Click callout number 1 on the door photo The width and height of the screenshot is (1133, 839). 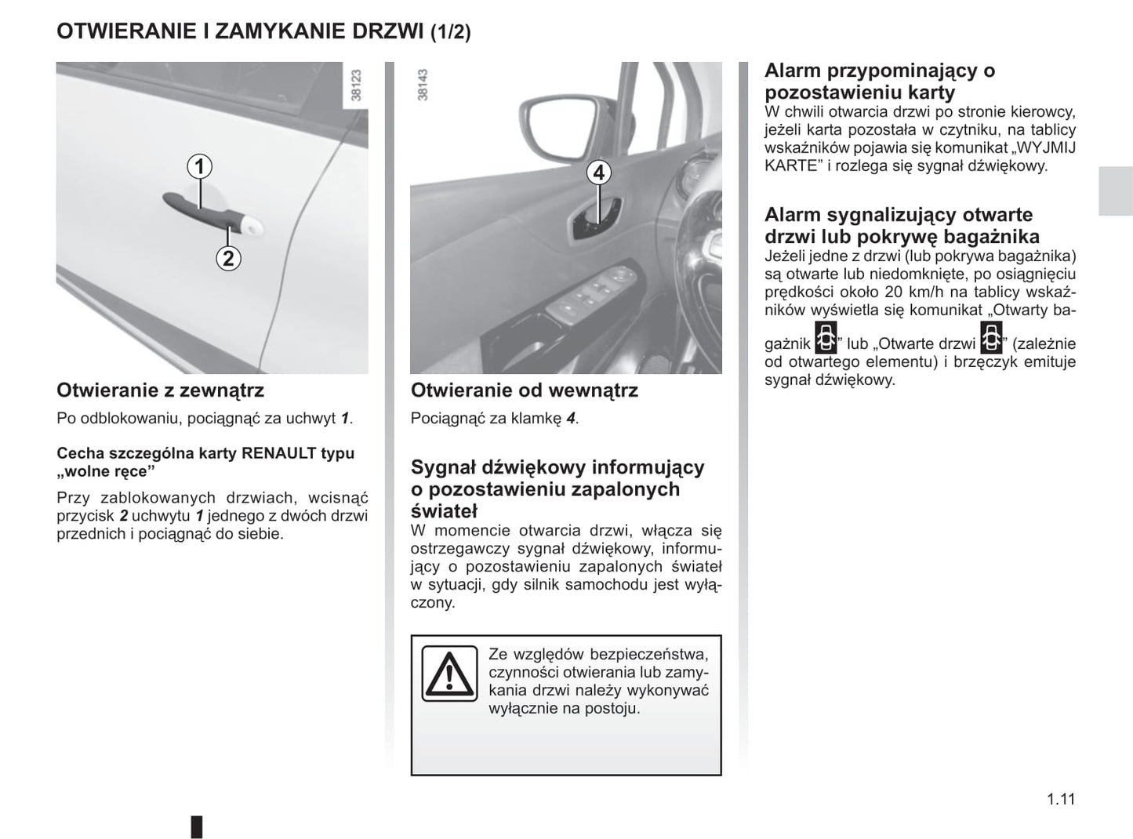point(200,166)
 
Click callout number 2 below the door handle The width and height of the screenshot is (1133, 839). point(227,258)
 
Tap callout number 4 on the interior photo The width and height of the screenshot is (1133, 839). point(598,173)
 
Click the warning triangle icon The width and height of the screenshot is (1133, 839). point(449,674)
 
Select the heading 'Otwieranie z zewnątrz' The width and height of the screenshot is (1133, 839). point(160,390)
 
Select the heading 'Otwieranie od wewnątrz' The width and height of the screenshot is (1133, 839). point(524,390)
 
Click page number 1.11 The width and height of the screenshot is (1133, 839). point(1060,799)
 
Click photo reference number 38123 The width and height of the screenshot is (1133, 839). point(356,85)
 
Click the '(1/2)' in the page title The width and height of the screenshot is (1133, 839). point(451,32)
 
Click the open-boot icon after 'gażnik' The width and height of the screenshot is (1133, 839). point(826,338)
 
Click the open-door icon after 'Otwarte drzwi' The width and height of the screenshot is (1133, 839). point(992,338)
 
